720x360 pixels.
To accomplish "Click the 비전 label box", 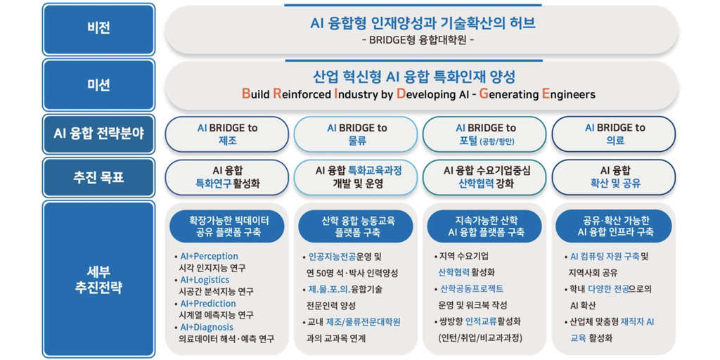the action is click(98, 30).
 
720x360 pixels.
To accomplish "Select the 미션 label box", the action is click(98, 85).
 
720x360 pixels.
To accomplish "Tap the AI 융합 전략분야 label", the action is click(98, 134).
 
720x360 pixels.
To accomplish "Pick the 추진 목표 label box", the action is click(98, 177).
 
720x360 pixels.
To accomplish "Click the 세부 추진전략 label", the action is click(98, 278).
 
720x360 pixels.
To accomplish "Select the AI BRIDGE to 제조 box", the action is click(227, 134).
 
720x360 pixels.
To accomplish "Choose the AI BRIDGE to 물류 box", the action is click(356, 134).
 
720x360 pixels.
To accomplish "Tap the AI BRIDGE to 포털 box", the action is click(484, 134).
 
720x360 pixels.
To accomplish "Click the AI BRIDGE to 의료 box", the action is click(613, 134).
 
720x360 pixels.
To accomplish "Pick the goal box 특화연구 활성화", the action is click(227, 177).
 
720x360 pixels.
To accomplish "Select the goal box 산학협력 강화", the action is click(484, 177).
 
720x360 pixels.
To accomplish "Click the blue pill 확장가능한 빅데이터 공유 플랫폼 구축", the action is click(227, 226).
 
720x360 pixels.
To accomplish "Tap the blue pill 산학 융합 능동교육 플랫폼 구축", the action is click(356, 226).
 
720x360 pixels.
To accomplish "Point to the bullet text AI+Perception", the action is click(210, 256).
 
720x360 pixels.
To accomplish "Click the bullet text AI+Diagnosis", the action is click(207, 328).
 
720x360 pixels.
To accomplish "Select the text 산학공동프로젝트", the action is click(472, 289).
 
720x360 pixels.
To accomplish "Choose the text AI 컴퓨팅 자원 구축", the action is click(604, 256).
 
